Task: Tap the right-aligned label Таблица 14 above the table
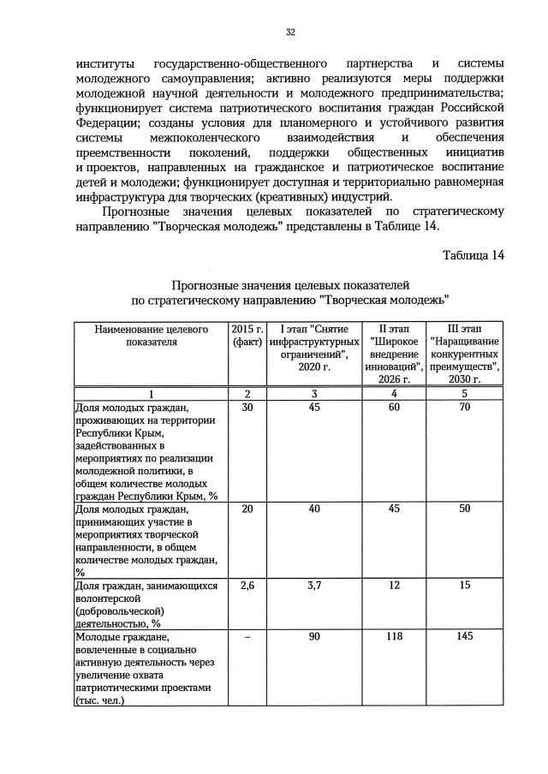pyautogui.click(x=474, y=254)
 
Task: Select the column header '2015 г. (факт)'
pyautogui.click(x=247, y=336)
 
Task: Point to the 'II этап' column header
pyautogui.click(x=394, y=354)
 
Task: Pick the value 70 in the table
pyautogui.click(x=465, y=408)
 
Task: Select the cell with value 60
pyautogui.click(x=394, y=408)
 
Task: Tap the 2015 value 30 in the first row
pyautogui.click(x=247, y=408)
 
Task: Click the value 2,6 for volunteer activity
pyautogui.click(x=247, y=586)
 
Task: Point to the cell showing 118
pyautogui.click(x=394, y=637)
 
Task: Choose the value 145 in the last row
pyautogui.click(x=465, y=637)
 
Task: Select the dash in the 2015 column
pyautogui.click(x=247, y=637)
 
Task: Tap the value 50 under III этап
pyautogui.click(x=465, y=509)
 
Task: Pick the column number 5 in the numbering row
pyautogui.click(x=465, y=394)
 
